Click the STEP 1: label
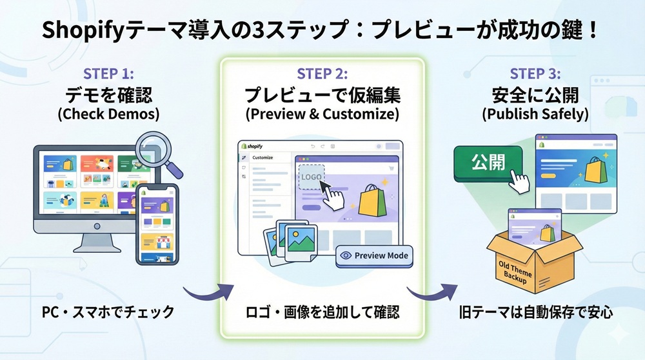(109, 74)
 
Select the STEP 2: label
(322, 74)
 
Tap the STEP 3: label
(535, 74)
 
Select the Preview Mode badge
(374, 255)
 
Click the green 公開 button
(488, 161)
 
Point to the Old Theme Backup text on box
(516, 270)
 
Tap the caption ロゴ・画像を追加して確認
(322, 312)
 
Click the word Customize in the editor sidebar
(263, 157)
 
